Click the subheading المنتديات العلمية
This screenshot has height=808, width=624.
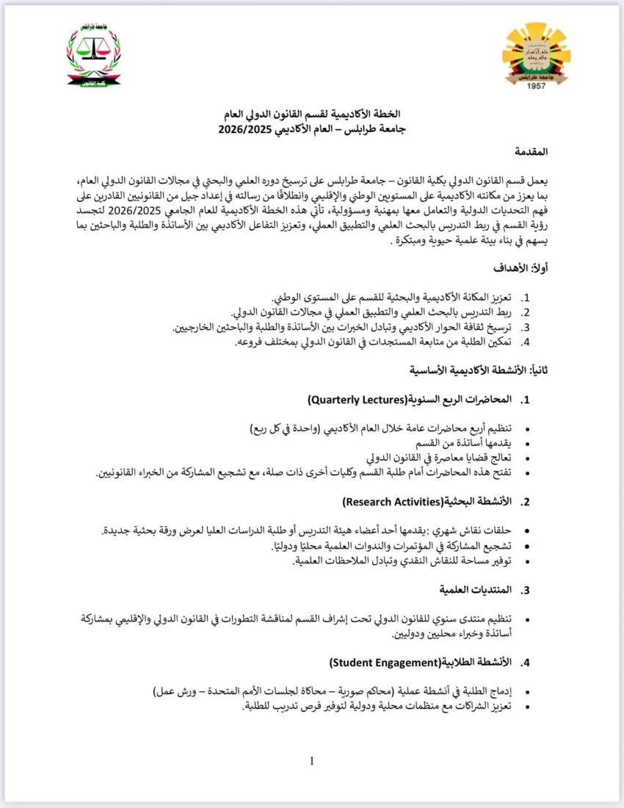475,590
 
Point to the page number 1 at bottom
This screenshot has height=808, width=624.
312,761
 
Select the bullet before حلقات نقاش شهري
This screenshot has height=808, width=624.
542,531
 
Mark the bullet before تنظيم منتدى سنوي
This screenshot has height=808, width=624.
542,618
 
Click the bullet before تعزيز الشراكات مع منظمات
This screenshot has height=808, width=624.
542,706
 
